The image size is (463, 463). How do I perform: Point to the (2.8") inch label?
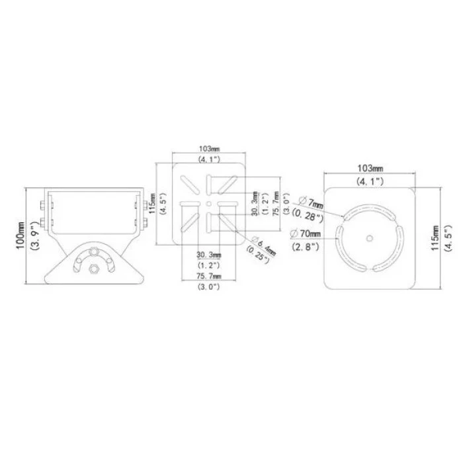(306, 246)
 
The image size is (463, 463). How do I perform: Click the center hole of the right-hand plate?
(369, 236)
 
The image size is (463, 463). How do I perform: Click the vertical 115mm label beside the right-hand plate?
(434, 235)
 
